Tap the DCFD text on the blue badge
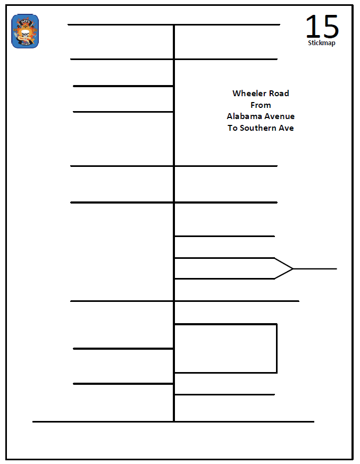pos(25,21)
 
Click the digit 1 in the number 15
pos(311,27)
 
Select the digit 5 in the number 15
pos(330,27)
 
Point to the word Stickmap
pos(321,43)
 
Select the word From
pos(261,105)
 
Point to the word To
pos(232,128)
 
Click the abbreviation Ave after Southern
pos(287,128)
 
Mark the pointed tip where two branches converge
pos(292,268)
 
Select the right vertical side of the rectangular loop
pos(277,348)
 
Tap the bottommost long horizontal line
pos(173,422)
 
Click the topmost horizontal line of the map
pos(173,24)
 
